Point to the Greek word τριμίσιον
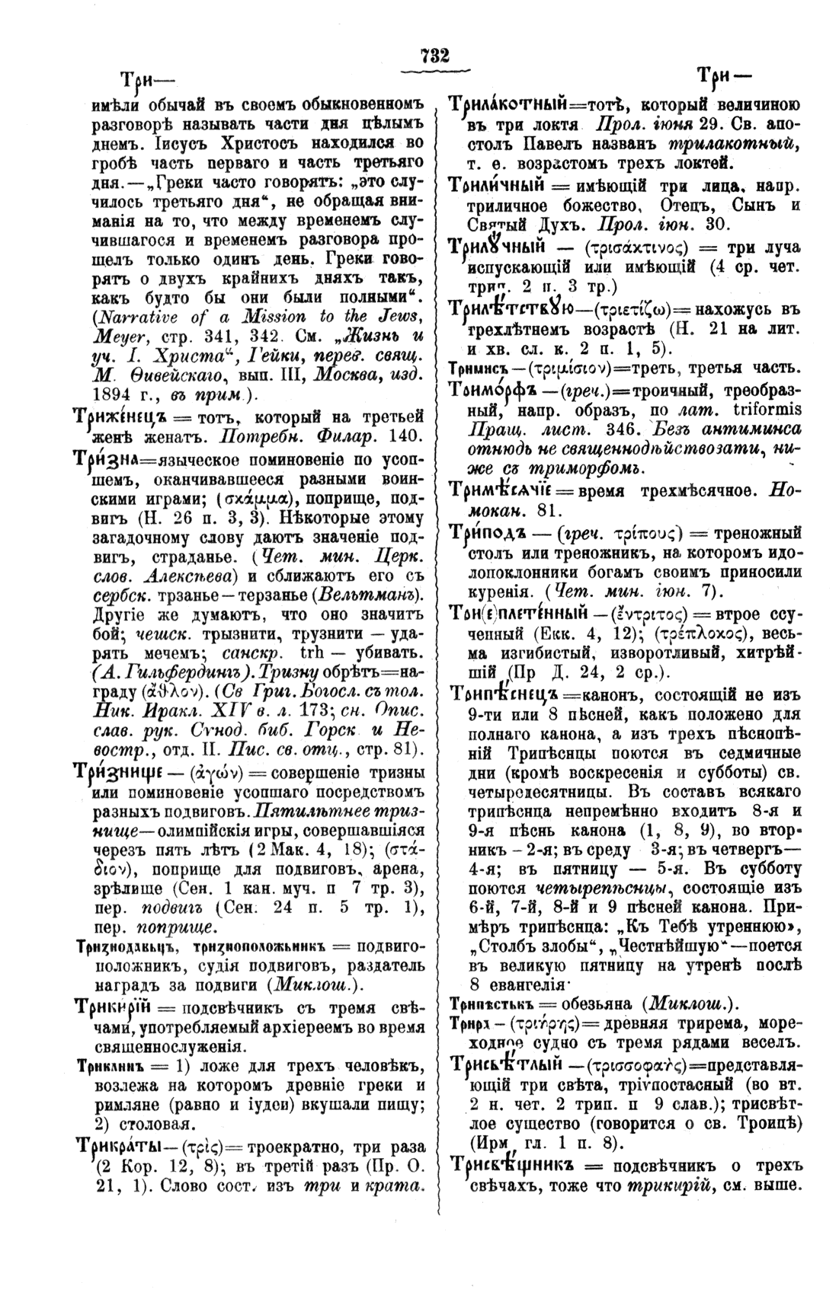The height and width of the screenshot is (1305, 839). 563,368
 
